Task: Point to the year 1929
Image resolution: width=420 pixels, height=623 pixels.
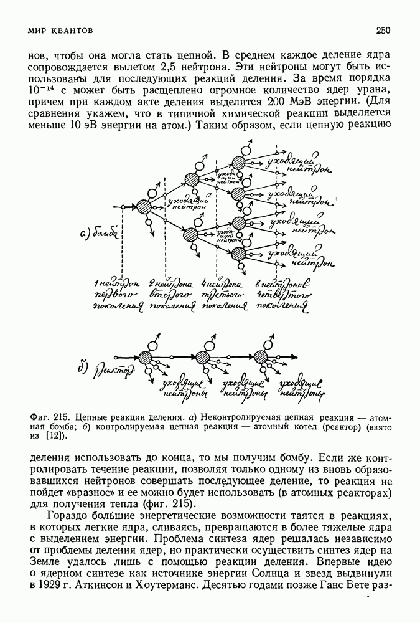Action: pos(50,586)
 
